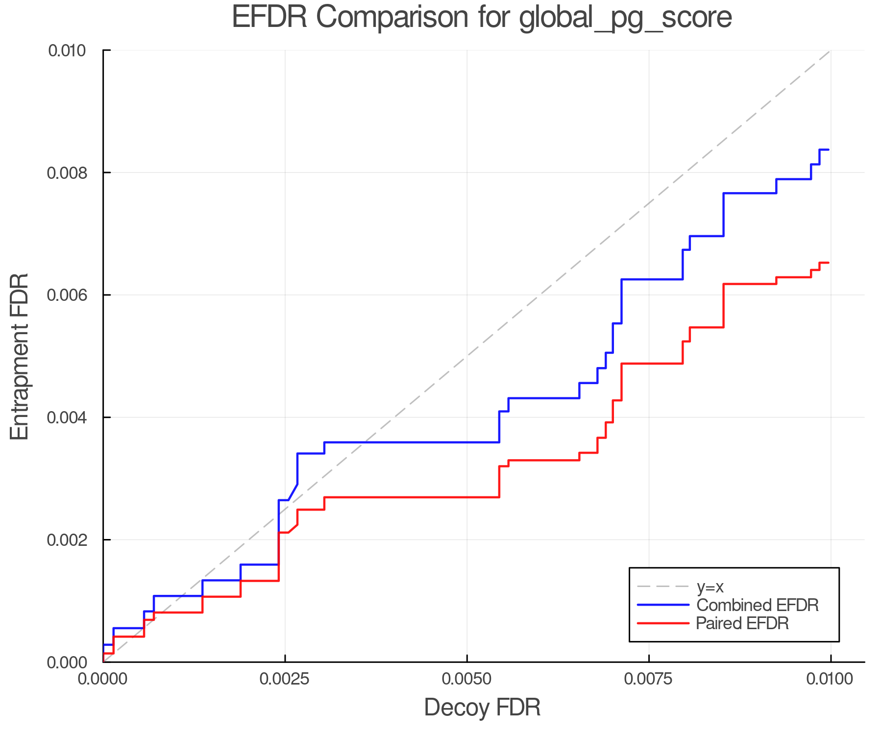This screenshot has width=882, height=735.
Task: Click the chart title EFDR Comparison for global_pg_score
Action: coord(482,17)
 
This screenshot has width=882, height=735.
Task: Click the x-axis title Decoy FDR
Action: coord(482,708)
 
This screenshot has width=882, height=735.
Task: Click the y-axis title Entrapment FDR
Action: coord(20,356)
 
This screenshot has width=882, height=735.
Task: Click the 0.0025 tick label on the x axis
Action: coord(285,679)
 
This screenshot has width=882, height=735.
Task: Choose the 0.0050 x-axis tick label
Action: coord(466,679)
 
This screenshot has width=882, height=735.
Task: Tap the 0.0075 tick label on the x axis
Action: coord(649,679)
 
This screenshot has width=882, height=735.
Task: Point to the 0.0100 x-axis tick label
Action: coord(830,679)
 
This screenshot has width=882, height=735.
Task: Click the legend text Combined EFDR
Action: coord(757,605)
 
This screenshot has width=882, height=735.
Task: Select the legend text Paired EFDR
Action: coord(742,623)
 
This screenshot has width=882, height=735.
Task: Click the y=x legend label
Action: coord(710,587)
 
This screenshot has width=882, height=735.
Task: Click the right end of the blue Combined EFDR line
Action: coord(828,149)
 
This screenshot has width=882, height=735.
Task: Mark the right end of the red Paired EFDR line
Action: coord(828,263)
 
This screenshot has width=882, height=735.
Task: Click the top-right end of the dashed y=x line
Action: coord(830,51)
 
